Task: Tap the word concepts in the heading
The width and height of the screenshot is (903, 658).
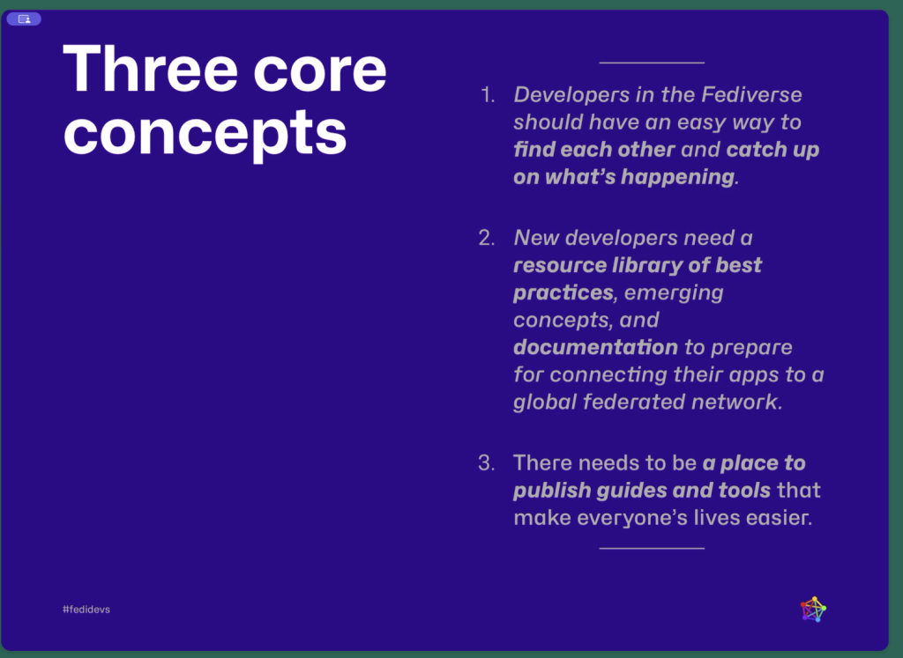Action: point(205,134)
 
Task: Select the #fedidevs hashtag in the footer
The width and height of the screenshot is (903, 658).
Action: point(86,609)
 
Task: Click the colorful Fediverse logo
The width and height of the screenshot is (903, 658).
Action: point(813,609)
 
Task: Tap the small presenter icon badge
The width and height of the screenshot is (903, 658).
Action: point(24,19)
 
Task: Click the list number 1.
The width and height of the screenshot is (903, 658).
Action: point(488,95)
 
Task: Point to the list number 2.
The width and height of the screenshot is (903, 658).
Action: point(487,238)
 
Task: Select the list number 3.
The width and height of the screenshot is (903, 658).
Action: point(487,462)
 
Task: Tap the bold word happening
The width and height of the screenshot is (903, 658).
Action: point(678,177)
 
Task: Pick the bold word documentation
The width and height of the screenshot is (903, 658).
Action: point(595,347)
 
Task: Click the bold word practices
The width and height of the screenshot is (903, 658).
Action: point(563,292)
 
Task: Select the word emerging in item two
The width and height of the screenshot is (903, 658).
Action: point(674,293)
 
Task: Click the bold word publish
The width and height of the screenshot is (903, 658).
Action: point(552,491)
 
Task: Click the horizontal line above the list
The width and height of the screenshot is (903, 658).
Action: point(652,63)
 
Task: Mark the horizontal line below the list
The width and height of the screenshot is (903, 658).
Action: point(652,548)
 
